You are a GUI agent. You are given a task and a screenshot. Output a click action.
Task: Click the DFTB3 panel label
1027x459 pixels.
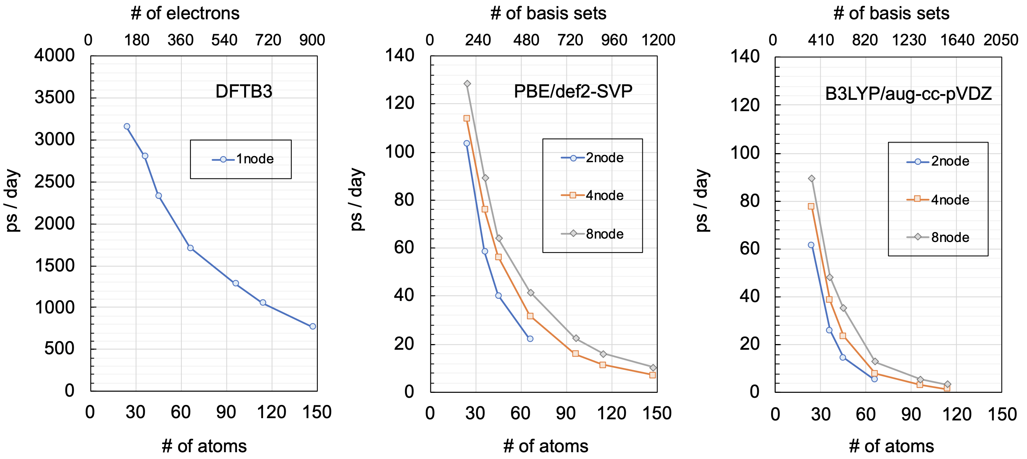(x=244, y=92)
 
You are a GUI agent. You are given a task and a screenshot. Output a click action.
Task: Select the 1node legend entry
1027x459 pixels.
(x=243, y=159)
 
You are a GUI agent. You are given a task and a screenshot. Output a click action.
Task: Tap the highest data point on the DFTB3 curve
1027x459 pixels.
(x=127, y=126)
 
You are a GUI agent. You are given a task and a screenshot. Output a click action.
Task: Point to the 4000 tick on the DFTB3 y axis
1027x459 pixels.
(x=55, y=56)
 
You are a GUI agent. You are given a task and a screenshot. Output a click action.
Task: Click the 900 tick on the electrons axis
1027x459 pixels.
(x=312, y=40)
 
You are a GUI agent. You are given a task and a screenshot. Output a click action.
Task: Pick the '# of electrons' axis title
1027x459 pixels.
(x=185, y=14)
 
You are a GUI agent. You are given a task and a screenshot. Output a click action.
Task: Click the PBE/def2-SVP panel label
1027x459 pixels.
(x=573, y=91)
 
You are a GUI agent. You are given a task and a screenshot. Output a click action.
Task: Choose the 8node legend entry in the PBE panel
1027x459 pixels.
(x=592, y=234)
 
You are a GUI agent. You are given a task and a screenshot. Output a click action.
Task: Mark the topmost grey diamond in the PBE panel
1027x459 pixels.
(x=467, y=84)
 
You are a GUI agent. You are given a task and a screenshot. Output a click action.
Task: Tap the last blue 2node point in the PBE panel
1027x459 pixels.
(x=530, y=338)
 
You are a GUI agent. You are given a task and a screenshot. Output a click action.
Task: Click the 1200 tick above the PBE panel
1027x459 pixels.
(x=658, y=40)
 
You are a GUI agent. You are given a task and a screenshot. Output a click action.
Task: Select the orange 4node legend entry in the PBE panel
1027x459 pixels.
(x=592, y=195)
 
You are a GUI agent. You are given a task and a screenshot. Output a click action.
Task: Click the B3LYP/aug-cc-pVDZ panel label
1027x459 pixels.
(x=908, y=94)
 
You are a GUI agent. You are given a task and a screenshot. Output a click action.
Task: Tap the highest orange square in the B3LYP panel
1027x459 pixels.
(x=811, y=206)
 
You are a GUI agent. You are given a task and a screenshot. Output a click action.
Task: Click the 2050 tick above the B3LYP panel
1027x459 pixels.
(x=1001, y=40)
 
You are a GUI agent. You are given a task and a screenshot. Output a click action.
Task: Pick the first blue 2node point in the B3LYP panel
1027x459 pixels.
(x=811, y=245)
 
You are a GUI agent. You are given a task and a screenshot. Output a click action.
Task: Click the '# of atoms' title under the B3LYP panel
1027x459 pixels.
(x=891, y=446)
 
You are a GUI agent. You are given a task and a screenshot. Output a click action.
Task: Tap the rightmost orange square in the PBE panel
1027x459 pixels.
(x=652, y=375)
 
